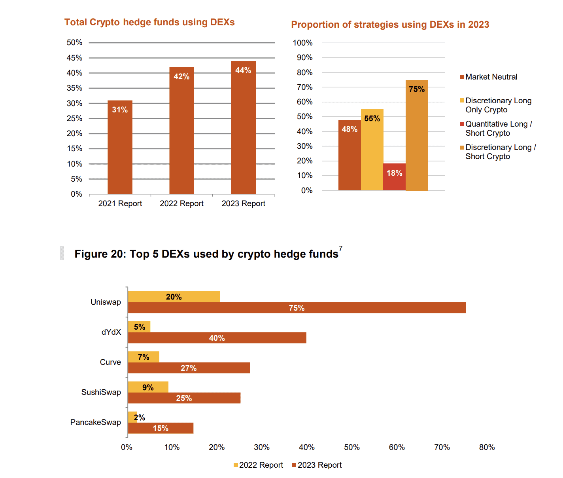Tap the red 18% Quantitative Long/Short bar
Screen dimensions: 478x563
(x=394, y=177)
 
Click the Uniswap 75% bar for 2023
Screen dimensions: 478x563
(x=297, y=308)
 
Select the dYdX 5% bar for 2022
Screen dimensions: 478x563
(x=139, y=327)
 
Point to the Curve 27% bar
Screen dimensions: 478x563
(x=189, y=368)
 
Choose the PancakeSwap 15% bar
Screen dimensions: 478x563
(x=161, y=428)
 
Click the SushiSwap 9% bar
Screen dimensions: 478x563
(x=148, y=387)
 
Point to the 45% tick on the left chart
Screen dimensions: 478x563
(x=74, y=58)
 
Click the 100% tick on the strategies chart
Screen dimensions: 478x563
(x=302, y=43)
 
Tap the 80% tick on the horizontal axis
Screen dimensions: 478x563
(x=487, y=447)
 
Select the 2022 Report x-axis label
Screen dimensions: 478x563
(x=181, y=203)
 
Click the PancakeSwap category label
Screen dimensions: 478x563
(x=96, y=422)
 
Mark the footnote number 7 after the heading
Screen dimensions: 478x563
(x=340, y=248)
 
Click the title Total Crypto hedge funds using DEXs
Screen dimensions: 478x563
(x=149, y=22)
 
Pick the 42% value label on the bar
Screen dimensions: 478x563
(x=181, y=76)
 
